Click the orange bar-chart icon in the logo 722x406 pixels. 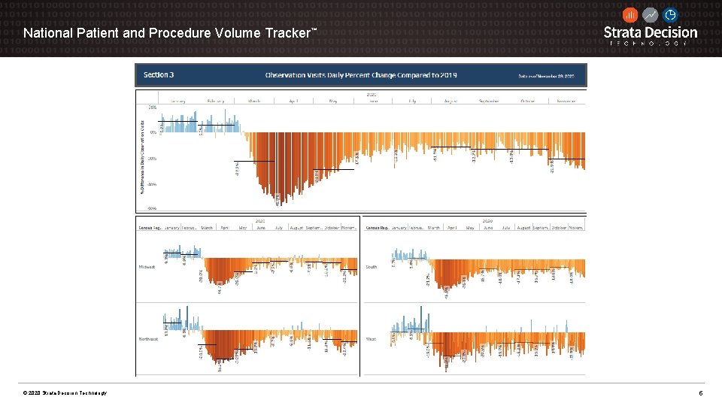[630, 15]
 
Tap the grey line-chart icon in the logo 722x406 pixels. [651, 15]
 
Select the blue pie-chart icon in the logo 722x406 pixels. [670, 15]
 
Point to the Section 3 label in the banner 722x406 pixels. [159, 75]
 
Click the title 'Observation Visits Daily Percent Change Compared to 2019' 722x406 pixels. [361, 75]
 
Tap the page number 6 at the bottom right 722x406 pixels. [700, 393]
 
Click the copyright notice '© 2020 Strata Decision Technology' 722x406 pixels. [65, 393]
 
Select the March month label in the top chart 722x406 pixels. [253, 100]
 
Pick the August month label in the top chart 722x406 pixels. [451, 100]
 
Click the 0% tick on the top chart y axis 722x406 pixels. [153, 133]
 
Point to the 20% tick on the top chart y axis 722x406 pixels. [153, 108]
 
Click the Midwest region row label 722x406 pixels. [147, 267]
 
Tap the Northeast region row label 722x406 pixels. [148, 339]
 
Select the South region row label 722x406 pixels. [372, 267]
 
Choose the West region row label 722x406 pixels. [371, 339]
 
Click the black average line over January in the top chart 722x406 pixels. [180, 121]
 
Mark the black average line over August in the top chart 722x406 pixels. [451, 146]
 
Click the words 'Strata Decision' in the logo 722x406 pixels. [651, 32]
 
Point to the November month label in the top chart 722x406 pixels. [566, 100]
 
